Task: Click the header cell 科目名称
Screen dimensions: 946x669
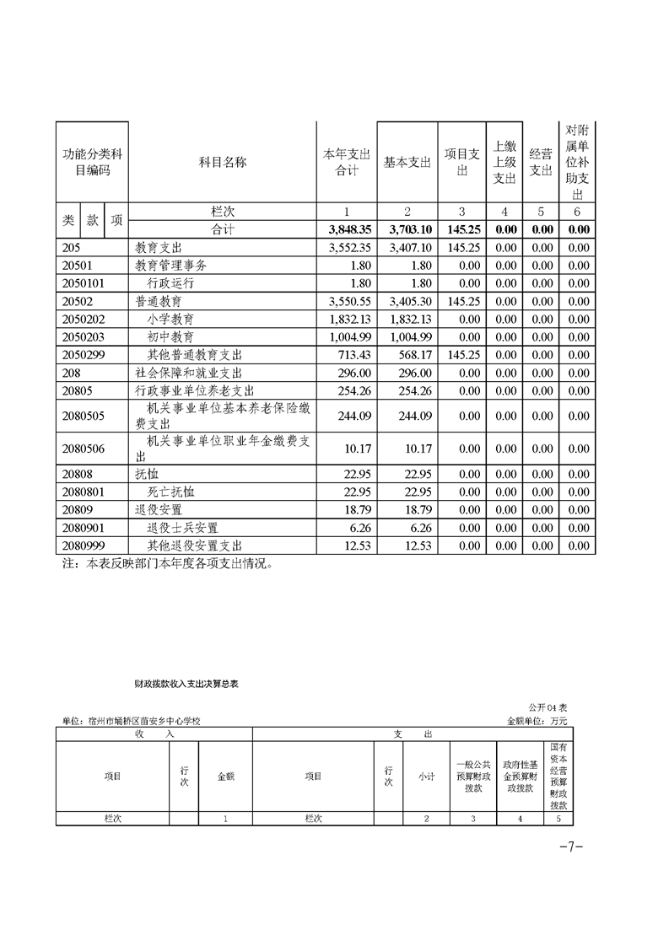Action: pos(222,163)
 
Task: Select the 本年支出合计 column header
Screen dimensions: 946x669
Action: pos(348,163)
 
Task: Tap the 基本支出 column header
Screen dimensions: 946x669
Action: pos(407,163)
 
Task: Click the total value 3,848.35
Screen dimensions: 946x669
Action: pos(348,229)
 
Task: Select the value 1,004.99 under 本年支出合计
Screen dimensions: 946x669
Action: pos(348,337)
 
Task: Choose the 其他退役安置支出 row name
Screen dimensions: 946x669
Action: pos(194,546)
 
